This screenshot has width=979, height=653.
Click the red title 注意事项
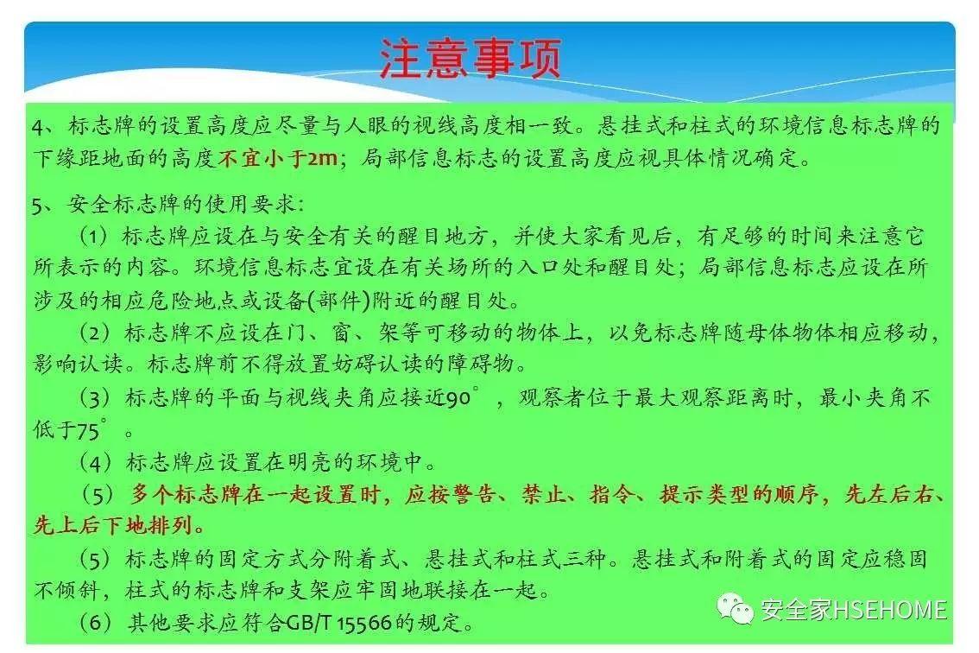point(471,59)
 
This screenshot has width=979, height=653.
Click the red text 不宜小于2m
point(278,159)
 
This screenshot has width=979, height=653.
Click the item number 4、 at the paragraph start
point(43,127)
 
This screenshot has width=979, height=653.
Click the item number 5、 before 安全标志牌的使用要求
point(43,206)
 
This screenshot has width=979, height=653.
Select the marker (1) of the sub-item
point(94,237)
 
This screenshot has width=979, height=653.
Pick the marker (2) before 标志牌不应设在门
point(94,333)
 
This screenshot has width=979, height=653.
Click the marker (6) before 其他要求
point(94,622)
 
